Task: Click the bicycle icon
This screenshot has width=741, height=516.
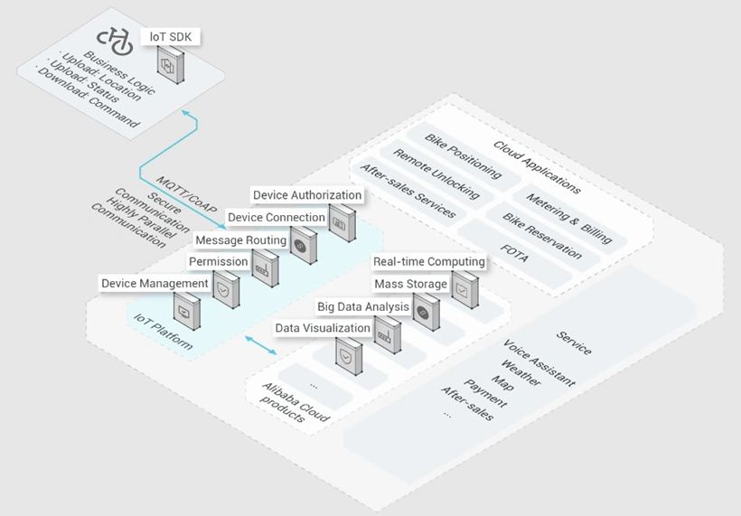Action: click(115, 42)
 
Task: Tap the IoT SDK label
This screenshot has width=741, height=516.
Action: click(171, 37)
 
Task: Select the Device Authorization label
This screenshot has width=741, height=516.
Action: click(307, 195)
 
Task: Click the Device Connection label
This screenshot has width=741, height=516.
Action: click(277, 218)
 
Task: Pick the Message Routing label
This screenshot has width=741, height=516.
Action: click(241, 240)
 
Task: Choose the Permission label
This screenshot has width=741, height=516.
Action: click(219, 262)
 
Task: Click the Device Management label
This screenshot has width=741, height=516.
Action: click(155, 284)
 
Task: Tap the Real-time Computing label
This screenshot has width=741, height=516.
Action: click(429, 262)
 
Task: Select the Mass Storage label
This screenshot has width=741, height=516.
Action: click(410, 284)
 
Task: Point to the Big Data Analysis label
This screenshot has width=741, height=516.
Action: click(363, 306)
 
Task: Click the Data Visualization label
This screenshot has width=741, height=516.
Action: click(323, 328)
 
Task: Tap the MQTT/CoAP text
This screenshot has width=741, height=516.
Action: click(187, 194)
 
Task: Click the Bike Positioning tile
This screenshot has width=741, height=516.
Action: click(463, 156)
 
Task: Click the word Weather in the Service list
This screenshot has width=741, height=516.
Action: click(521, 372)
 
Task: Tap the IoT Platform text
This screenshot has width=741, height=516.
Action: click(163, 332)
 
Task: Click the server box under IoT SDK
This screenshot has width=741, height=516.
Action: click(171, 65)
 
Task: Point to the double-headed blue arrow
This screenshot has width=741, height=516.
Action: click(260, 345)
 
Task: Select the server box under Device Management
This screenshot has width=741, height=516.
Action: click(187, 311)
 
